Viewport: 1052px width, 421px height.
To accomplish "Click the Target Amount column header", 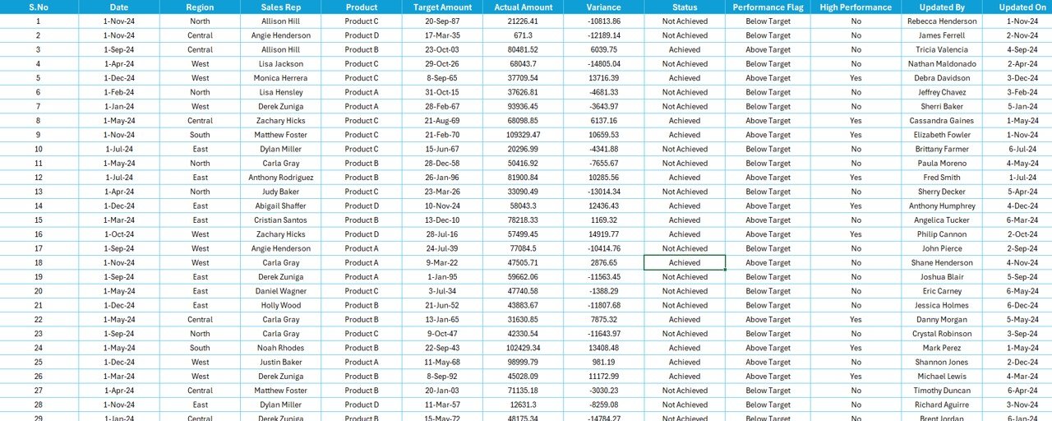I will (442, 7).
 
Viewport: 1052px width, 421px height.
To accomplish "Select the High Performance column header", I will (856, 7).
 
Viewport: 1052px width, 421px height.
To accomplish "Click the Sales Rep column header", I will (281, 7).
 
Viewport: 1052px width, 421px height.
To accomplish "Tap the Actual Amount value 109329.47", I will (523, 135).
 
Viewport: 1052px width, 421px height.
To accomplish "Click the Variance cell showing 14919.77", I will (604, 234).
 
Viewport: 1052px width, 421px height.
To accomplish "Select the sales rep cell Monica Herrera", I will (281, 78).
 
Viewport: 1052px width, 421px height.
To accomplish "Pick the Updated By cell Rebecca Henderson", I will (942, 21).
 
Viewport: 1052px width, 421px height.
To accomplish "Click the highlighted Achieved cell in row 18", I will (685, 263).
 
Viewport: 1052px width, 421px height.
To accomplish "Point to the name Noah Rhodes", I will (281, 348).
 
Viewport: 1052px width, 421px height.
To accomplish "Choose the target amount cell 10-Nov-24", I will (442, 206).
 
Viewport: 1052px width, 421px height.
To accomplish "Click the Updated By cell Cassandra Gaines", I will (942, 121).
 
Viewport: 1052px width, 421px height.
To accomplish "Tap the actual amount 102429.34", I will (523, 348).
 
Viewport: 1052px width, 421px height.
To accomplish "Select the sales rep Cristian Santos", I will (281, 220).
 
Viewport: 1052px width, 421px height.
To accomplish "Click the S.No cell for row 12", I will (39, 178).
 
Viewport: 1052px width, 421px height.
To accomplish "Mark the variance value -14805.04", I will (604, 64).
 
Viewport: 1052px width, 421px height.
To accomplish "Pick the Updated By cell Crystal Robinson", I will (942, 334).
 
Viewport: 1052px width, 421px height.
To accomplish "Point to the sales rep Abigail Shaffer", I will (281, 206).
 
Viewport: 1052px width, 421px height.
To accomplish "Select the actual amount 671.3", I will (523, 35).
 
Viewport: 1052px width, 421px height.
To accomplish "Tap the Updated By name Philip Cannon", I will (942, 234).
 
